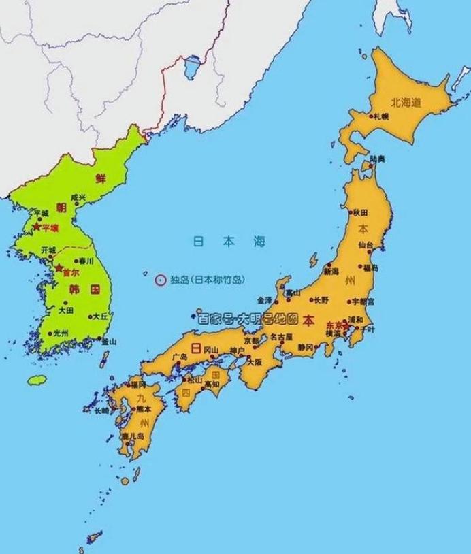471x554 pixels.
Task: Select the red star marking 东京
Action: pos(346,326)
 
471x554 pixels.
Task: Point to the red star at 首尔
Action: pos(59,267)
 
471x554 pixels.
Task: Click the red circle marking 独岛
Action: pos(161,279)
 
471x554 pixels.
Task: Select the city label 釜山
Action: pos(108,341)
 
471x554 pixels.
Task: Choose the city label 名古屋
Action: pos(280,336)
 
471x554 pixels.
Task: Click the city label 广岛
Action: pos(180,357)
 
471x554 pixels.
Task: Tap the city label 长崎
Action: pos(101,410)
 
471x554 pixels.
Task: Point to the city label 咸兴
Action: pos(78,197)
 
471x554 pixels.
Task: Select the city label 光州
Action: pos(61,333)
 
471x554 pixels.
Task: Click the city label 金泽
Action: pos(264,299)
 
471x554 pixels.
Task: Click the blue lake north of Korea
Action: pos(193,66)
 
